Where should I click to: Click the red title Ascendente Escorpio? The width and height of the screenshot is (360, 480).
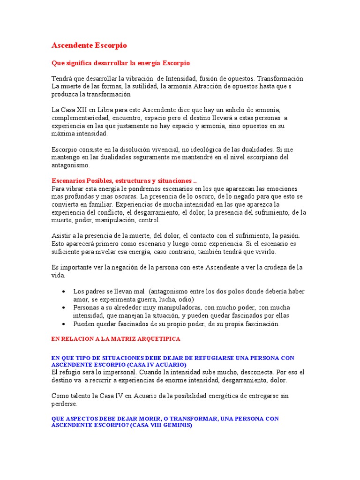tap(89, 45)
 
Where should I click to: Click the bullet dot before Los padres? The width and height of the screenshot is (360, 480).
tap(64, 291)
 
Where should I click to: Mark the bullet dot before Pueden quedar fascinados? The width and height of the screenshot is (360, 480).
tap(64, 324)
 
